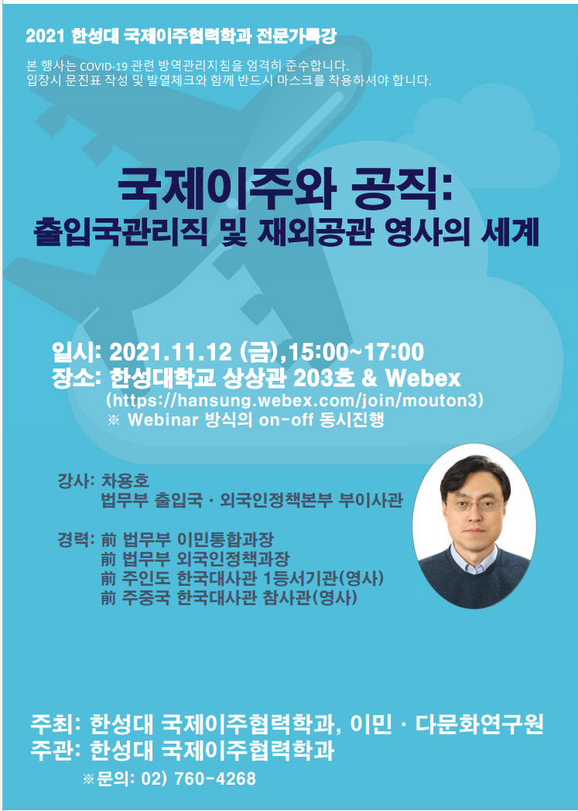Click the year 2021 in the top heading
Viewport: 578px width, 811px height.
45,36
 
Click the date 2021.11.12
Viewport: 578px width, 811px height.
170,353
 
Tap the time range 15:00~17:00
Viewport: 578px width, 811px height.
356,353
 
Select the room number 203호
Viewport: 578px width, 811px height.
324,378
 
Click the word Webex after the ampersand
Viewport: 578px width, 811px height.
423,378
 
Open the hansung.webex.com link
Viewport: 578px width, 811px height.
295,400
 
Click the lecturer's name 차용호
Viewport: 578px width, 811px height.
125,481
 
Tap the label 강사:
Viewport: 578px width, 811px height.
76,481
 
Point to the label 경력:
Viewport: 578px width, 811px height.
76,540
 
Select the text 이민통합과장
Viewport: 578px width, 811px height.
225,540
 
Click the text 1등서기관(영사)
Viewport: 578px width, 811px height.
323,579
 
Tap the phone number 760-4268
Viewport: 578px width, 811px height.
215,778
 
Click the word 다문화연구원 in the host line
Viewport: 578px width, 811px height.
479,724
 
